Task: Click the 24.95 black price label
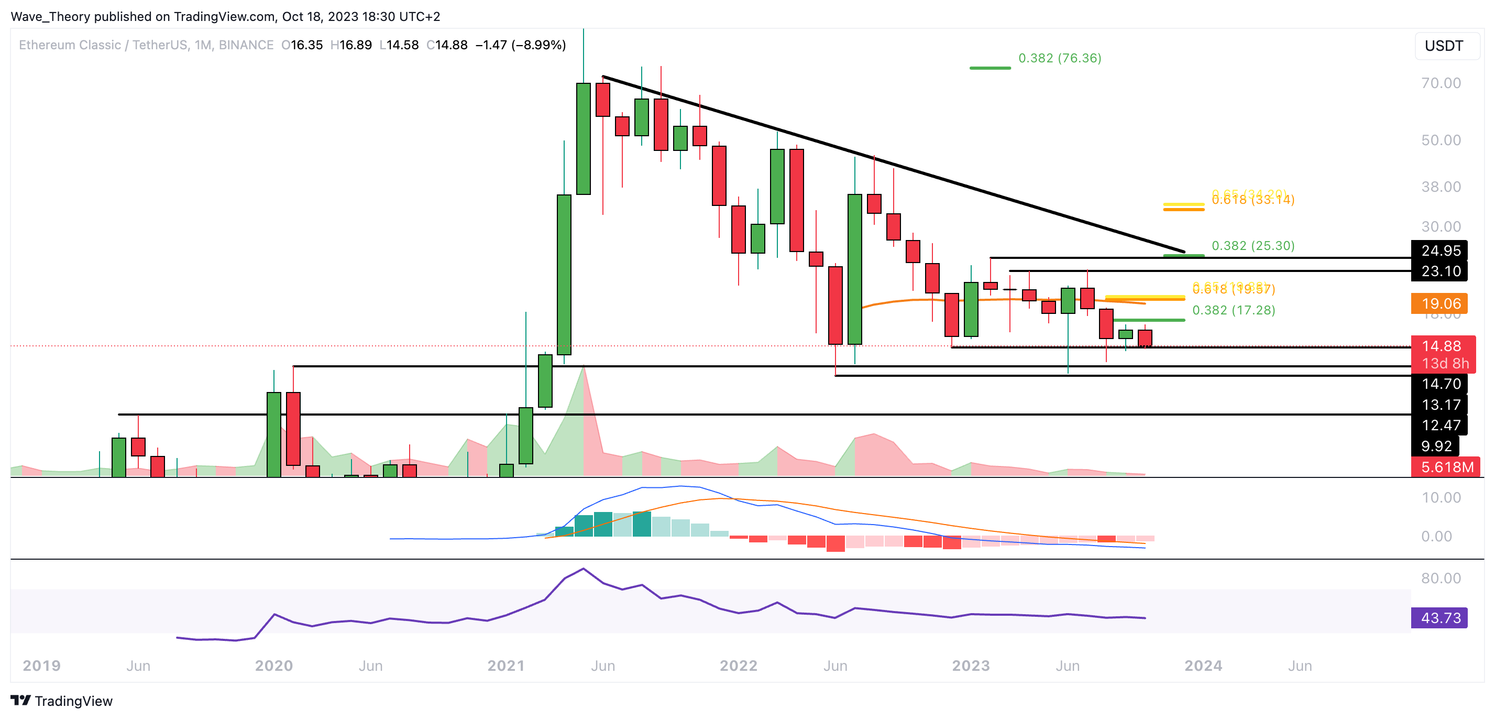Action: click(x=1440, y=250)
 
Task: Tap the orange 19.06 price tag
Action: click(x=1440, y=303)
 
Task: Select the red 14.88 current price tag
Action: click(x=1442, y=346)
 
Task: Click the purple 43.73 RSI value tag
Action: click(x=1440, y=617)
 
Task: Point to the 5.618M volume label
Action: click(x=1446, y=467)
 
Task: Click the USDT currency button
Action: click(x=1444, y=46)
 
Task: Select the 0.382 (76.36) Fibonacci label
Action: click(x=1059, y=58)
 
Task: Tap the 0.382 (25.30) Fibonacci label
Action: click(x=1252, y=246)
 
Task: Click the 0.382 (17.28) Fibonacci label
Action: click(x=1233, y=310)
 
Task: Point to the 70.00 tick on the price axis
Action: click(x=1441, y=83)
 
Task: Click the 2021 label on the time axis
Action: click(x=505, y=666)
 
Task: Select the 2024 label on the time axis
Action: click(x=1203, y=666)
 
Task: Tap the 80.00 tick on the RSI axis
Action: click(x=1441, y=578)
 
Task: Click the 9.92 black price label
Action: click(x=1436, y=446)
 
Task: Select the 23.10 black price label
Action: click(x=1440, y=271)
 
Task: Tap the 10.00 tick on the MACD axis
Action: click(x=1441, y=497)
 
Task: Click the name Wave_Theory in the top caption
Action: click(x=50, y=16)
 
